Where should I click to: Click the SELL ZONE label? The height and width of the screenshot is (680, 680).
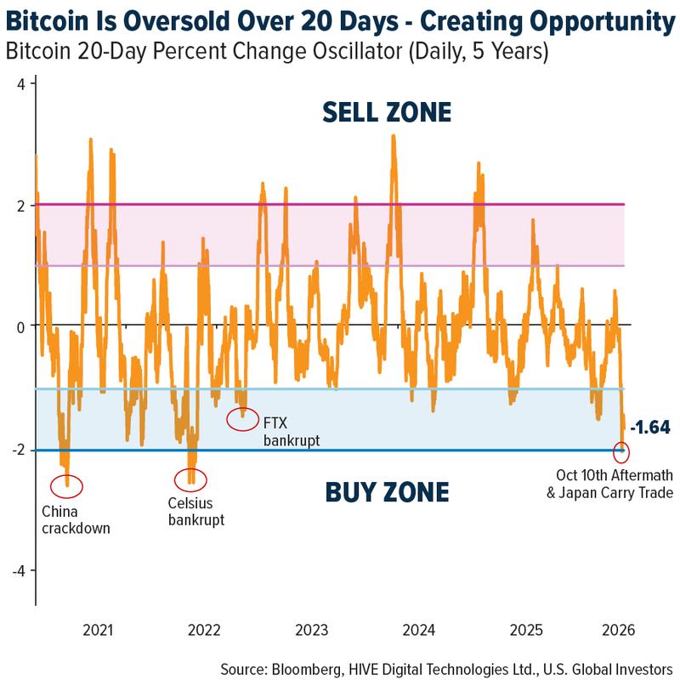click(386, 112)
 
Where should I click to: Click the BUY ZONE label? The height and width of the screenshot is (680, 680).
click(387, 492)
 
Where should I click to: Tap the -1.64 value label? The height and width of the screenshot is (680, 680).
click(649, 427)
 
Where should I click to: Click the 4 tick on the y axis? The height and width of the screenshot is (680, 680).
click(22, 83)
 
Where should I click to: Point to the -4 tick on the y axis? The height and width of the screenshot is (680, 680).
click(20, 570)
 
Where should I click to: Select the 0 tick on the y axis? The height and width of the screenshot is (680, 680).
click(22, 326)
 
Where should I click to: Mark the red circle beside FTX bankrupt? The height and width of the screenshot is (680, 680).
click(243, 418)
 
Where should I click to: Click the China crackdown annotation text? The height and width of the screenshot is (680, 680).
click(76, 519)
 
